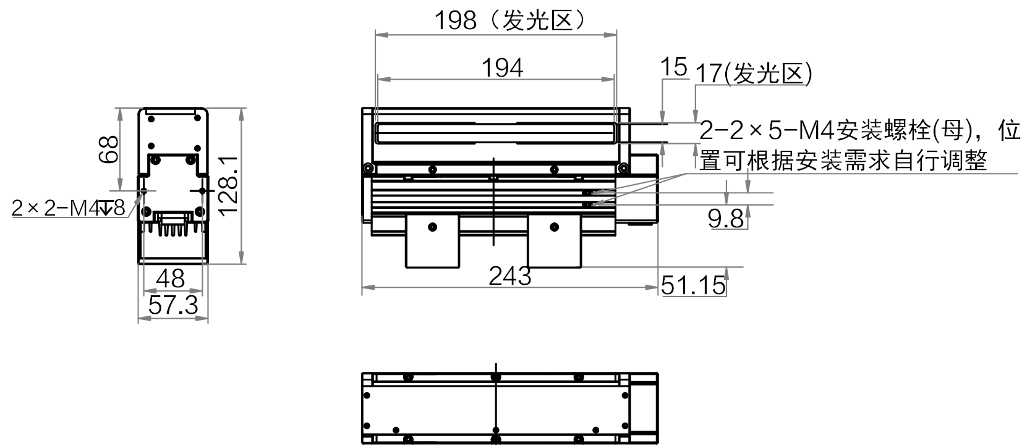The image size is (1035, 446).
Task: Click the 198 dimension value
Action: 456,21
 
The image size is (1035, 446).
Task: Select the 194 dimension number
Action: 502,69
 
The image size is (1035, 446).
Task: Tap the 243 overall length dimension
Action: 509,276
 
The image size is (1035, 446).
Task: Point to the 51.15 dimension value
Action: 693,285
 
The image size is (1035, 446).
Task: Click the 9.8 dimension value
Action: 726,219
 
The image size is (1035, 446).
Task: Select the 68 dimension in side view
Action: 109,149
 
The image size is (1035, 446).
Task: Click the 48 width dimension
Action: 171,279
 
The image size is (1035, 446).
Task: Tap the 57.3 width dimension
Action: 173,305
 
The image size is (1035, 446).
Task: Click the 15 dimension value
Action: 674,67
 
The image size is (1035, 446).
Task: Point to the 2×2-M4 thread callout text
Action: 69,208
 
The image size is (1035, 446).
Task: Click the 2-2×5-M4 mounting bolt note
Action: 860,130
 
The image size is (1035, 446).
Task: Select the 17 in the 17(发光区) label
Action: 709,74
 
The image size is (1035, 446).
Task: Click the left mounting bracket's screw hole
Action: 432,227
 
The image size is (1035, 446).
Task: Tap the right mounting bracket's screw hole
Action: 555,227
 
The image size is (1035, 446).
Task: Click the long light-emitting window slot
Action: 495,133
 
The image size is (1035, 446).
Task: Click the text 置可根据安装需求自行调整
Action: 843,161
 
